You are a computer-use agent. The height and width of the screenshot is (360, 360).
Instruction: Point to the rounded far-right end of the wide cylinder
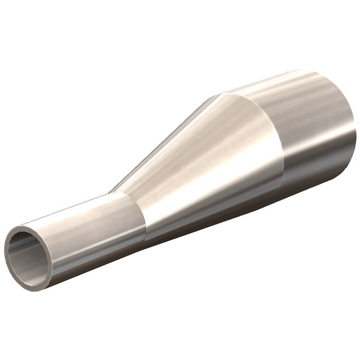pyautogui.click(x=354, y=129)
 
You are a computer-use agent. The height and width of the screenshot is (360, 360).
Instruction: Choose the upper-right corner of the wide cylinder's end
pyautogui.click(x=339, y=77)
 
